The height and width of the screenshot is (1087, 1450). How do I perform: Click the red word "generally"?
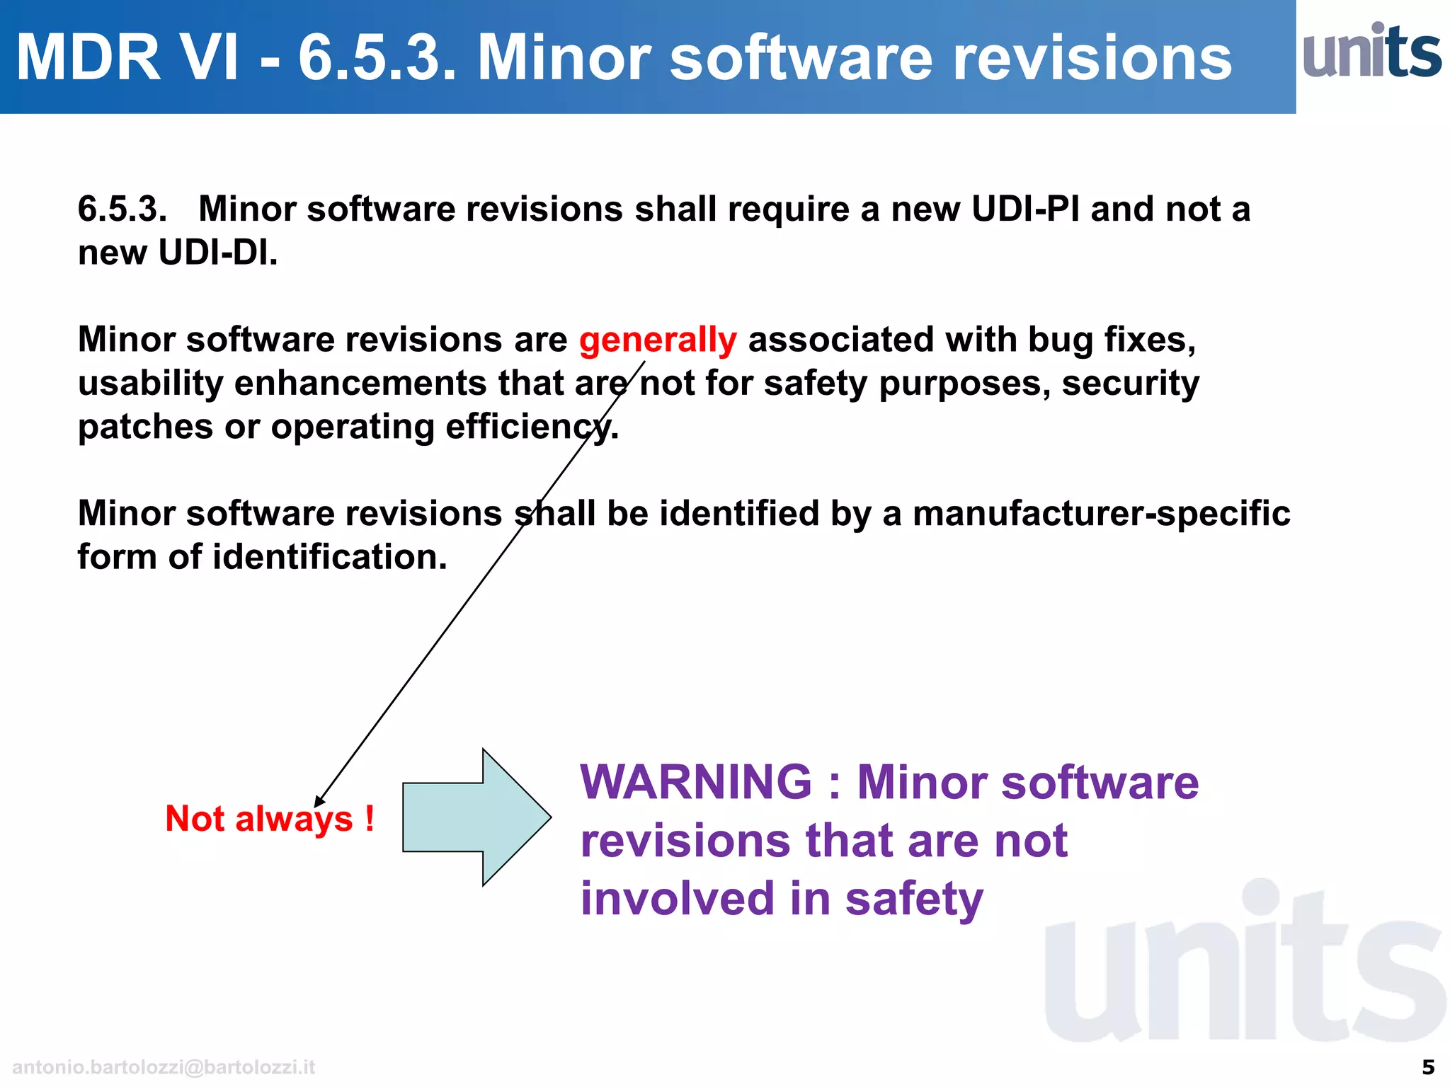point(658,340)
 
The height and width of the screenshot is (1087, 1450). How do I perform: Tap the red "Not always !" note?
point(269,819)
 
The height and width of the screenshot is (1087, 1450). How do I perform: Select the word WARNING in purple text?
point(696,783)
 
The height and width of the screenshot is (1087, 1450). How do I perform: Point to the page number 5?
point(1428,1066)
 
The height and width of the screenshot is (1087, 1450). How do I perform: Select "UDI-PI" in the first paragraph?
point(1025,209)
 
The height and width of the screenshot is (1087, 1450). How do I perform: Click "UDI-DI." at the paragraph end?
point(218,253)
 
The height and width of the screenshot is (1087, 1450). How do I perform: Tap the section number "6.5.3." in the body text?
point(122,209)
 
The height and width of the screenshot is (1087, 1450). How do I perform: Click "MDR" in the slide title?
point(89,58)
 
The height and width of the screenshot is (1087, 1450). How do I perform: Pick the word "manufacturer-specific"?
point(1101,513)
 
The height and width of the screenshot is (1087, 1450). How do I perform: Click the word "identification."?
point(330,557)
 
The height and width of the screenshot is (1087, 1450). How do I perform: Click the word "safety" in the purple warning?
point(914,899)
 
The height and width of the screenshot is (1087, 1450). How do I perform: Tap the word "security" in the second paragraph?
point(1131,384)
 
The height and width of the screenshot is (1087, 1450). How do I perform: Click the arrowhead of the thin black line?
point(319,802)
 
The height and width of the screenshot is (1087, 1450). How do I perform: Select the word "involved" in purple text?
point(677,899)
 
